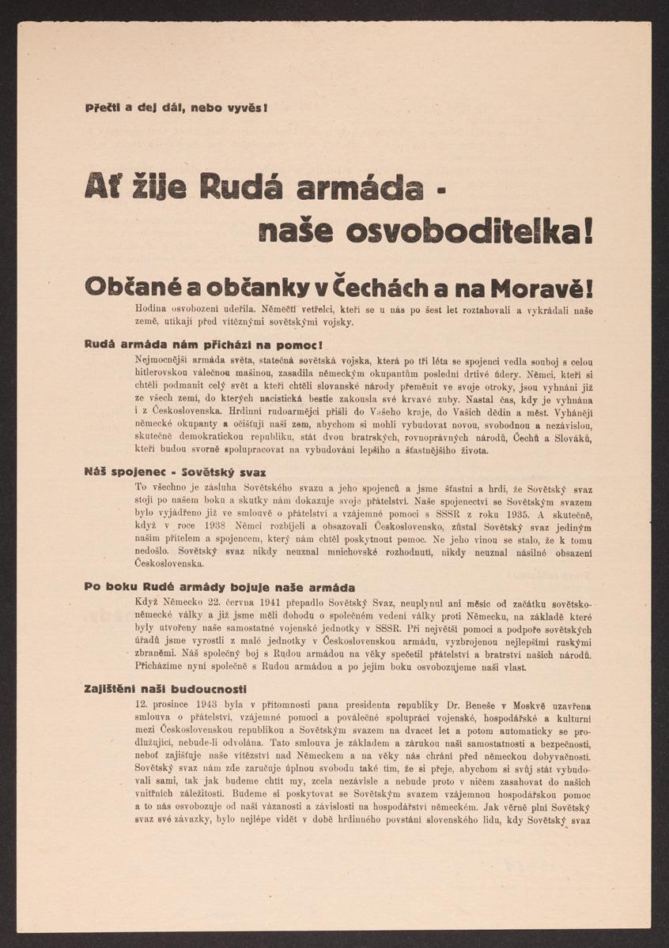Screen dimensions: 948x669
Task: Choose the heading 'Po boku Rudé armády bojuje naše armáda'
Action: click(x=219, y=587)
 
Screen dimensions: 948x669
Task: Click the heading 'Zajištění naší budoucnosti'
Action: click(x=165, y=689)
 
